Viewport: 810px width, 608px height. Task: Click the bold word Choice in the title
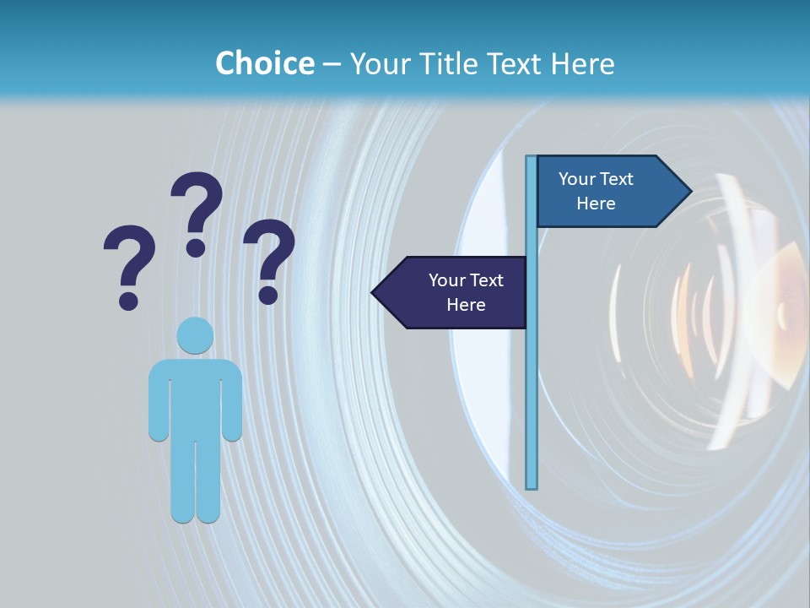tap(264, 64)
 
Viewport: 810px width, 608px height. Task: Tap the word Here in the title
tap(582, 64)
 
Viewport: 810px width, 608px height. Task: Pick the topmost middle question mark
tap(197, 211)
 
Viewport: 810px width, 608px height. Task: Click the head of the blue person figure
tap(195, 335)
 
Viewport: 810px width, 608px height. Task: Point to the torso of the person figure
tap(195, 397)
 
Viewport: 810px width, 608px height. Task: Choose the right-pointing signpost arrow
tap(607, 192)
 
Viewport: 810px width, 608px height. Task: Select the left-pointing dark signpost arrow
tap(456, 293)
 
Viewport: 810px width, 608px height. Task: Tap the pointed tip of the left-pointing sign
tap(375, 293)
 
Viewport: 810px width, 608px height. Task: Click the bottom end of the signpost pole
tap(532, 486)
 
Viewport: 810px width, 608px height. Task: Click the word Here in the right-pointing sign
tap(596, 204)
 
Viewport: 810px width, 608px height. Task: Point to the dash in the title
tap(332, 64)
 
